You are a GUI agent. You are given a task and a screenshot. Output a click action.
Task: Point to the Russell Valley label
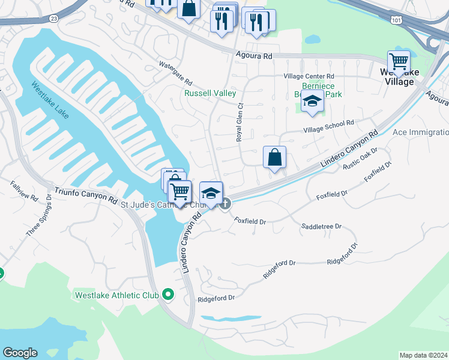210,94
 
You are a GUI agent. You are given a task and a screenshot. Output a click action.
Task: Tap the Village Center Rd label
309,77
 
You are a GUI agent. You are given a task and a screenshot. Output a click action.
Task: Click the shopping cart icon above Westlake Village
399,61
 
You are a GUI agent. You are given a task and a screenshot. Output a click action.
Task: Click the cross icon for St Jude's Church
225,204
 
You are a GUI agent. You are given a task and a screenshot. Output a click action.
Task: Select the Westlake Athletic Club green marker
168,295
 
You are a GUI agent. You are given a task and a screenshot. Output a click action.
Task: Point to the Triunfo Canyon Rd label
85,194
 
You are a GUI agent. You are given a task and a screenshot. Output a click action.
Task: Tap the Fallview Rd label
24,190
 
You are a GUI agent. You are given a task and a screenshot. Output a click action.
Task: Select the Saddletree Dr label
321,227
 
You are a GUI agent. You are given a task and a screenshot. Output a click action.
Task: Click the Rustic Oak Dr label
360,160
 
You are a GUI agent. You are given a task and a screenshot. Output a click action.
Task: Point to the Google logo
20,353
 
